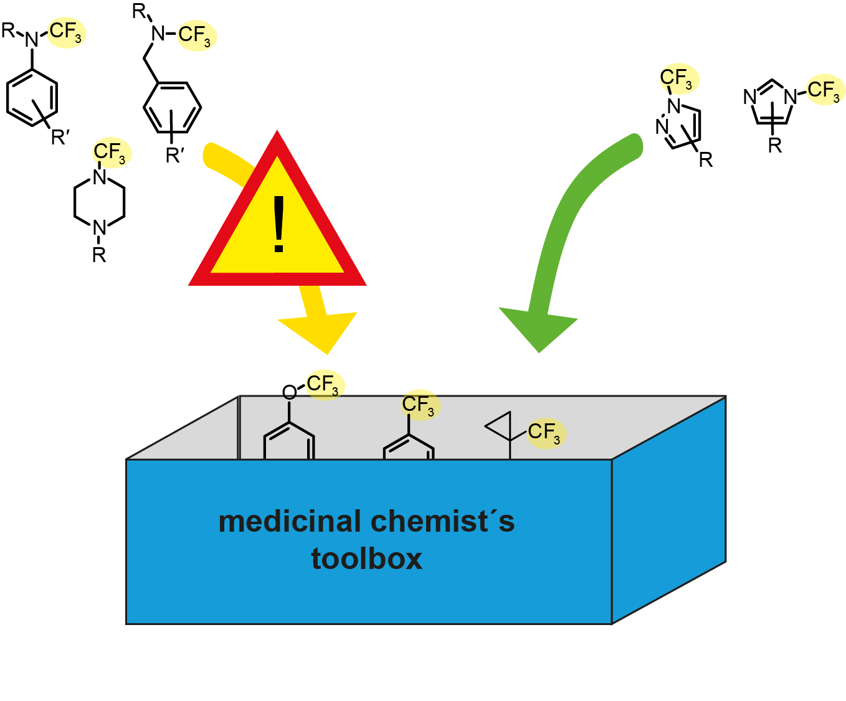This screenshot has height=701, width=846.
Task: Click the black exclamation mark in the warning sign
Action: pos(278,225)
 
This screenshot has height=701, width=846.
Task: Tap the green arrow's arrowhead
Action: pos(538,327)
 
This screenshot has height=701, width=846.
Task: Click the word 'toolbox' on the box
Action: pos(366,558)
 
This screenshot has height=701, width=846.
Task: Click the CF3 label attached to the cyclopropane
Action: pos(544,432)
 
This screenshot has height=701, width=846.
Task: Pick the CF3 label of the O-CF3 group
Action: pos(323,384)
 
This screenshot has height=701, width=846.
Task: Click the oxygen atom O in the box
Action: pos(289,392)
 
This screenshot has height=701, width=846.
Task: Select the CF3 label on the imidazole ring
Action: pos(824,90)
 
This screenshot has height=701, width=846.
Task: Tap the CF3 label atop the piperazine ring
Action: pos(110,153)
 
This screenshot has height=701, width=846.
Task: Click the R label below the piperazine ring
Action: pos(99,255)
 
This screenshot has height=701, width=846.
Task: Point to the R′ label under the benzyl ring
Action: pos(174,156)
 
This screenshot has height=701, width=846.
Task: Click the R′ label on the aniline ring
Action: pos(60,137)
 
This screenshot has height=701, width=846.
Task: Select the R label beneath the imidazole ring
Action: pos(774,146)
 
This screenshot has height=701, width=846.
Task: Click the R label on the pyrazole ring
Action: pos(705,160)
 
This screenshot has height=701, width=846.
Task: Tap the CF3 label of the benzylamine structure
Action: pos(195,35)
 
